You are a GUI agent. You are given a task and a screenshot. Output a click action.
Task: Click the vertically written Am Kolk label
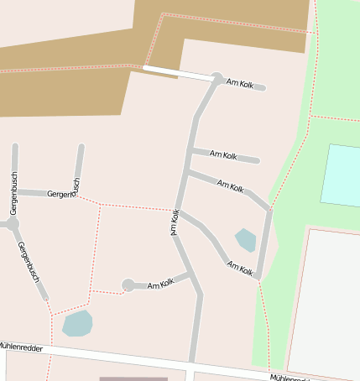(x=175, y=222)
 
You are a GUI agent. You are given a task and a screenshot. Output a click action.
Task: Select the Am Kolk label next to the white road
(x=240, y=84)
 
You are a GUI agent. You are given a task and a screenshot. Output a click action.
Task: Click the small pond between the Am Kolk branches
(x=245, y=240)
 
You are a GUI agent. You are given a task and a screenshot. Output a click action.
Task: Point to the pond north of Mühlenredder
(x=77, y=322)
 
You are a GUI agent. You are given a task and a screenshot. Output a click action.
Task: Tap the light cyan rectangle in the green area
(x=340, y=175)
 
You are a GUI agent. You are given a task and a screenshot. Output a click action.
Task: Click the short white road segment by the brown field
(x=177, y=74)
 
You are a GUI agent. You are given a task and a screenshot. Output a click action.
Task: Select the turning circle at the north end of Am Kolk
(x=217, y=79)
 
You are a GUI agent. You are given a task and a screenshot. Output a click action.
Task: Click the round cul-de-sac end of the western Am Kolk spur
(x=128, y=285)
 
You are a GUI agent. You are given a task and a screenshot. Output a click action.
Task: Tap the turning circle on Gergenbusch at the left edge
(x=12, y=224)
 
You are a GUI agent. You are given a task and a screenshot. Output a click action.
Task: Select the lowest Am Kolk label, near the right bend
(x=239, y=268)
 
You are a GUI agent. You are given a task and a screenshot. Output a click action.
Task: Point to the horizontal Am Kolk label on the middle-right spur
(x=224, y=155)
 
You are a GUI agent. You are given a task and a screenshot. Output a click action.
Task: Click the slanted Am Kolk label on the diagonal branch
(x=230, y=185)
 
